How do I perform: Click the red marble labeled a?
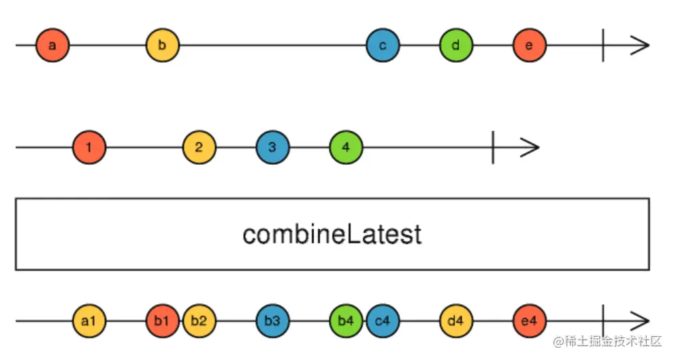52,46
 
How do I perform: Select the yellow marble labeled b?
162,46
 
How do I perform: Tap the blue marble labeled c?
383,46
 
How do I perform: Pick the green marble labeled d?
456,46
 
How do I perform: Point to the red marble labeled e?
530,46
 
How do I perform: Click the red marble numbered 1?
89,147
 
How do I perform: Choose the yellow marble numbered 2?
199,147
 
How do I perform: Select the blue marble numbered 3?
272,147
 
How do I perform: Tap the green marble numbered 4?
346,147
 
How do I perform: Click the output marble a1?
89,321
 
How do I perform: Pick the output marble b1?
162,321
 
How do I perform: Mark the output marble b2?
199,321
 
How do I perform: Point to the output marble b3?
272,321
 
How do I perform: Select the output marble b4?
346,321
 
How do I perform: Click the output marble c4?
383,321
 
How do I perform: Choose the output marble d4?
456,321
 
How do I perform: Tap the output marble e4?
530,321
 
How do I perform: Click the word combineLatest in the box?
332,234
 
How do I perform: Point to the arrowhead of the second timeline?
530,147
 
